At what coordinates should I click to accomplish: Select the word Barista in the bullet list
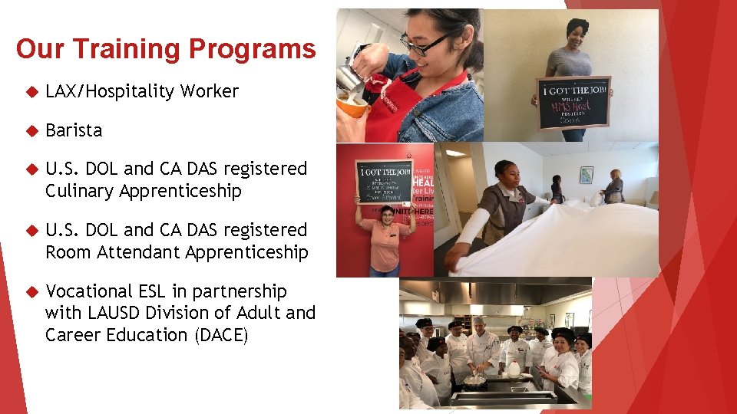[74, 130]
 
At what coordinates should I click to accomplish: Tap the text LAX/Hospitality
[110, 92]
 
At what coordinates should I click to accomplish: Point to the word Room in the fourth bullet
[65, 252]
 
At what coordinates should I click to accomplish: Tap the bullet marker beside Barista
[31, 130]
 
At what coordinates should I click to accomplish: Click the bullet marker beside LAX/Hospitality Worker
[31, 92]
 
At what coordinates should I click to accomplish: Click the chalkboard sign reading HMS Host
[573, 103]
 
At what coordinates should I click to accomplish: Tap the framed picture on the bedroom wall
[587, 175]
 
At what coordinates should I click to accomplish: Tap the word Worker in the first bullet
[210, 92]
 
